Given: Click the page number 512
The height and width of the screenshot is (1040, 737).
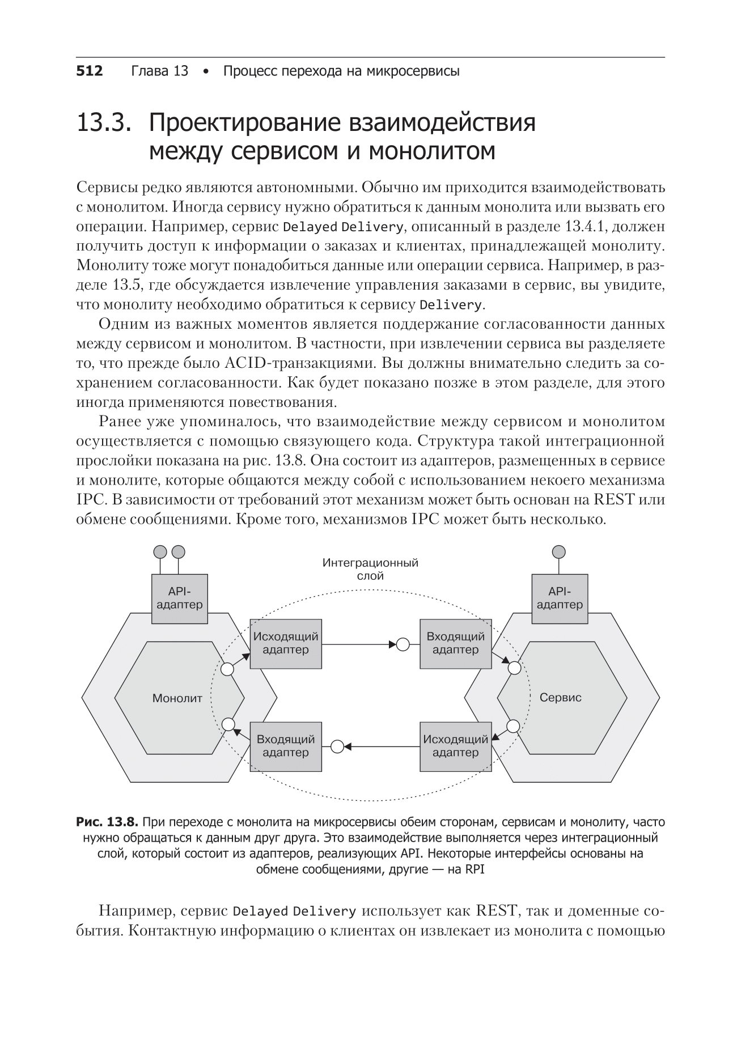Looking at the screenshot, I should click(x=90, y=71).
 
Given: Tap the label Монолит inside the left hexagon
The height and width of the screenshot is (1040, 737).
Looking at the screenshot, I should click(x=177, y=698).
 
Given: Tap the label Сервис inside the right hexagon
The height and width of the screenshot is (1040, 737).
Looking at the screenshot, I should click(x=560, y=698).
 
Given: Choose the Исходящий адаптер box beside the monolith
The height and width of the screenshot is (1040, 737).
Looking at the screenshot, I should click(x=286, y=643).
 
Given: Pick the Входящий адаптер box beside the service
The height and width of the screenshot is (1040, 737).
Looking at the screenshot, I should click(x=455, y=643).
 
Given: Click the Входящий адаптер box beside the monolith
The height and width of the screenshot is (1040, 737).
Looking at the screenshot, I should click(x=286, y=746).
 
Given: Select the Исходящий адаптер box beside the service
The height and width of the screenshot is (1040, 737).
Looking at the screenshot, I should click(x=455, y=746).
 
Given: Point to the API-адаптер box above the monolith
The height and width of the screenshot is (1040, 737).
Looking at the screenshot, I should click(x=179, y=598).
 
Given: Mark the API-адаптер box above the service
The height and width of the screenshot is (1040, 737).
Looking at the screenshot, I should click(x=560, y=598).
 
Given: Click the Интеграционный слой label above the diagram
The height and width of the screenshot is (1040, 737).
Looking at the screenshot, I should click(x=370, y=569).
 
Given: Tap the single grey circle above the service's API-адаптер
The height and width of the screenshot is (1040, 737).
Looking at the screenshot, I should click(x=559, y=551).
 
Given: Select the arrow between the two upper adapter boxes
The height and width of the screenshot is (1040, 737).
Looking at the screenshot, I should click(x=357, y=644).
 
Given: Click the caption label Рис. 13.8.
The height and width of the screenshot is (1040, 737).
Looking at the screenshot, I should click(x=108, y=822).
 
